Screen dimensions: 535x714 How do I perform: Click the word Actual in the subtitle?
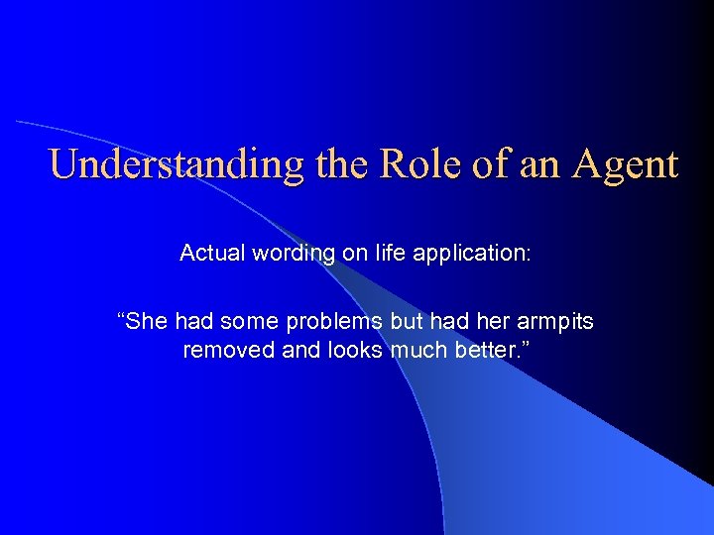pyautogui.click(x=209, y=254)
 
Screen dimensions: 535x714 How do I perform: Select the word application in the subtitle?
pyautogui.click(x=466, y=254)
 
